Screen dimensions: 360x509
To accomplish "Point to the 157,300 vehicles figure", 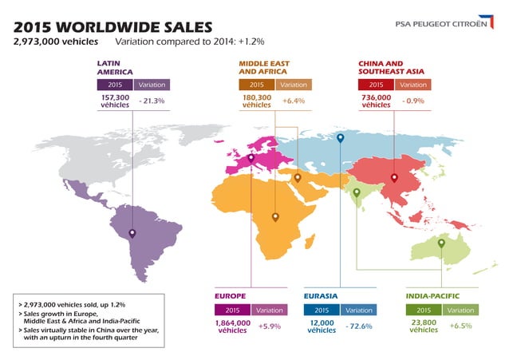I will [115, 101].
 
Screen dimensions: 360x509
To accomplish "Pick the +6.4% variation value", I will [294, 101].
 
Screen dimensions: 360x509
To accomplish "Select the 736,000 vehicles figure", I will [376, 101].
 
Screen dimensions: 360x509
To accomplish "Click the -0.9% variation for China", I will [413, 101].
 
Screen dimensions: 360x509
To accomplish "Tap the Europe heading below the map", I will [231, 297].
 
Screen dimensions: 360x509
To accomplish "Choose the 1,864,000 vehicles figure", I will [233, 326].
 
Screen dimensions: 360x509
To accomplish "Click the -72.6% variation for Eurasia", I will [359, 326].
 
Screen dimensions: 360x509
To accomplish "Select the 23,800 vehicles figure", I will [424, 326].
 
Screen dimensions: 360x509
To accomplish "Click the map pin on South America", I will [132, 233].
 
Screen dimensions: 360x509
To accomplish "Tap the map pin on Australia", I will [441, 243].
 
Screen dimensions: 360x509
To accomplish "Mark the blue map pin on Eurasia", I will [341, 139].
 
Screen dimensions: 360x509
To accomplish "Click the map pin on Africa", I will [275, 216].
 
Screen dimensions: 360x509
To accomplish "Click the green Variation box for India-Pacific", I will [461, 310].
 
